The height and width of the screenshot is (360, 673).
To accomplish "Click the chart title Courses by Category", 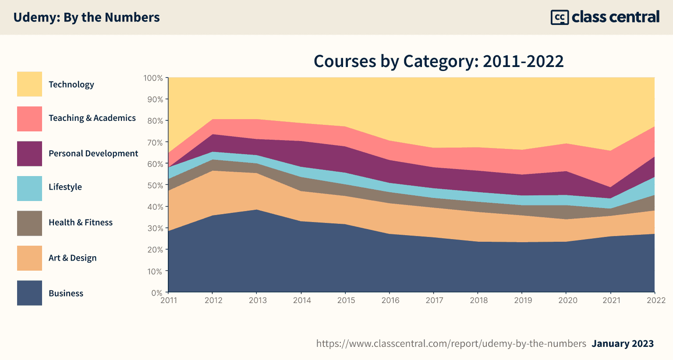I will (x=439, y=61).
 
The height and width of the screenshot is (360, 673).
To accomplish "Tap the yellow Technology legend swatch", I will (x=29, y=84).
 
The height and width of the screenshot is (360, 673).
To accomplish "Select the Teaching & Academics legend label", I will (x=92, y=118).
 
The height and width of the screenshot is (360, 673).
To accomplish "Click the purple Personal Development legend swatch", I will (x=29, y=154).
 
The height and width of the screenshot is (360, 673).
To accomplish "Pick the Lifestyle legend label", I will (x=65, y=187).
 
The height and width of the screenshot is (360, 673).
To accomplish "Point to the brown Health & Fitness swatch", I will (x=29, y=223).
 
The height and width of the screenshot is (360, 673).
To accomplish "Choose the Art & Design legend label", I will (x=73, y=258).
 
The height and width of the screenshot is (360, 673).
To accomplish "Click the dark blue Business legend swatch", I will (x=29, y=293).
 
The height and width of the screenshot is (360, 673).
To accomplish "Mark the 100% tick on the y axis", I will (x=153, y=78).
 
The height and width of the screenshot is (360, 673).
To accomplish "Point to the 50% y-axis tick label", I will (x=154, y=185).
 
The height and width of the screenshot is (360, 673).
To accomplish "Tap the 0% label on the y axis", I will (x=156, y=293).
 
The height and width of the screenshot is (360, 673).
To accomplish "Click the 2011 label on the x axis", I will (x=169, y=300).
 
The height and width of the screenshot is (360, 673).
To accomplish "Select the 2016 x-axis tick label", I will (x=390, y=300).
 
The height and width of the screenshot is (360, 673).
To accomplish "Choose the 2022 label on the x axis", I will (x=656, y=300).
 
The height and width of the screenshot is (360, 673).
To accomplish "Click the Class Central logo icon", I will (x=560, y=18).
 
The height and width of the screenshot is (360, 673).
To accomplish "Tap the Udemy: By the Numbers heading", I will (x=86, y=18).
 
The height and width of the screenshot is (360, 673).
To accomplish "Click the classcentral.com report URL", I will (x=451, y=344).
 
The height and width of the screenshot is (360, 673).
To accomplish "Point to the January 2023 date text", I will (x=623, y=344).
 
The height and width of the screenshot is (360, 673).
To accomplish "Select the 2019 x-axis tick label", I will (x=523, y=300).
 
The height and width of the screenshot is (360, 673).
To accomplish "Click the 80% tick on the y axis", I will (x=154, y=121).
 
